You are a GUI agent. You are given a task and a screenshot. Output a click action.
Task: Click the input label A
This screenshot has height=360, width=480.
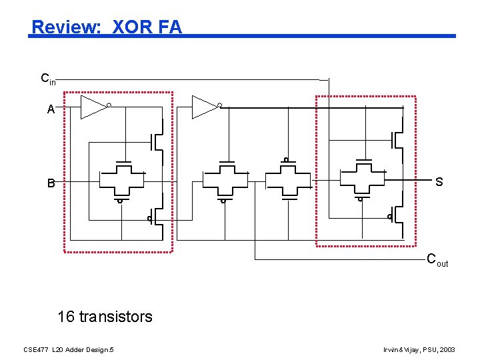pyautogui.click(x=51, y=110)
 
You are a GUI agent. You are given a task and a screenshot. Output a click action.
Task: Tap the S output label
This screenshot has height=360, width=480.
pyautogui.click(x=439, y=182)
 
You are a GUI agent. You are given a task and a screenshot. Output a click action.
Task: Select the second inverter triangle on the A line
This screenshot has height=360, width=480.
pyautogui.click(x=204, y=107)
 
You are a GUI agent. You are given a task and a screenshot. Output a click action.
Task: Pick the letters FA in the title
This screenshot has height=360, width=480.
pyautogui.click(x=170, y=27)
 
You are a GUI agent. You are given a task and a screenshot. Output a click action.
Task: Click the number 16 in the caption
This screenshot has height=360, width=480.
pyautogui.click(x=66, y=316)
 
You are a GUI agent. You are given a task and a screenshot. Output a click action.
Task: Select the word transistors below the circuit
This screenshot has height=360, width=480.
pyautogui.click(x=115, y=316)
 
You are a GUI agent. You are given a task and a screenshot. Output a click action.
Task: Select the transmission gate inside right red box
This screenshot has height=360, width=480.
pyautogui.click(x=363, y=179)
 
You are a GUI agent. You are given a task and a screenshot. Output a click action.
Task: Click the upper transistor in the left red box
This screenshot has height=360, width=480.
pyautogui.click(x=157, y=141)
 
